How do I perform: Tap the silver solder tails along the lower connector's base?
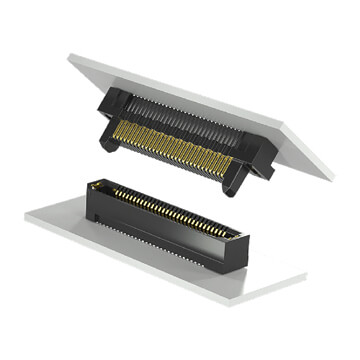pyautogui.click(x=150, y=241)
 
